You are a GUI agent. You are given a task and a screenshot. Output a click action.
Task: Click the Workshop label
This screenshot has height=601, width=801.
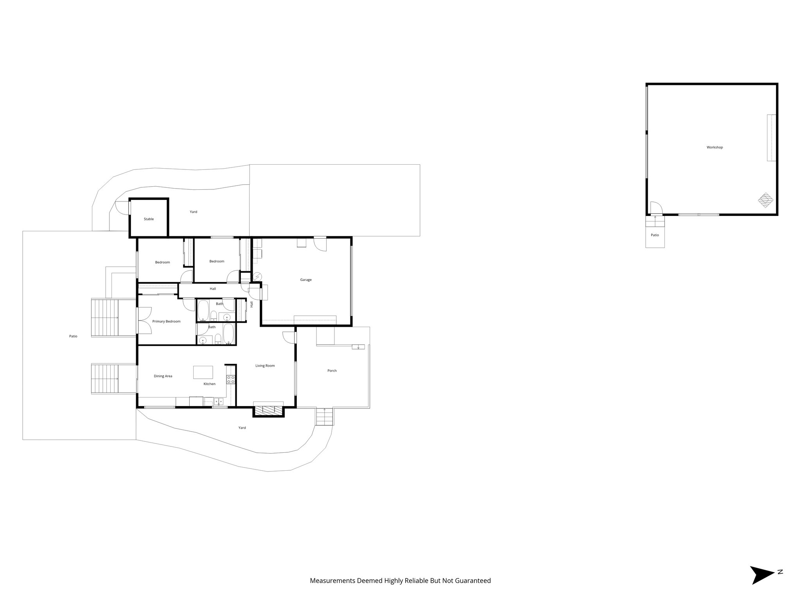[715, 148]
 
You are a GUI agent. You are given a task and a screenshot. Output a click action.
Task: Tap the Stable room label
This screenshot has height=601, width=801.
[149, 219]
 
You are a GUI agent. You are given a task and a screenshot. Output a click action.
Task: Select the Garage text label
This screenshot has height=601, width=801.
[306, 280]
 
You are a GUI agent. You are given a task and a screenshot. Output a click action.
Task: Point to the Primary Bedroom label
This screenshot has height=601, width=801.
[166, 322]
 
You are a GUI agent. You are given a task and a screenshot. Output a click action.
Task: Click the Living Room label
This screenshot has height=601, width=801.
[265, 366]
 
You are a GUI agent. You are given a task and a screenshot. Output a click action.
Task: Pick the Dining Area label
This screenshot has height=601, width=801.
[163, 376]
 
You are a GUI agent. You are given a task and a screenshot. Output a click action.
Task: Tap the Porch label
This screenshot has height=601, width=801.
[332, 371]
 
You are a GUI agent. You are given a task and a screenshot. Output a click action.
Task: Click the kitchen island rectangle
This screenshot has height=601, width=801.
[203, 372]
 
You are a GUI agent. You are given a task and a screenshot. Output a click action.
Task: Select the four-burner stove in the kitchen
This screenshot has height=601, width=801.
[231, 379]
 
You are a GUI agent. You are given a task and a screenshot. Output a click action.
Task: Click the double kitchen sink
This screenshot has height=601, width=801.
[218, 401]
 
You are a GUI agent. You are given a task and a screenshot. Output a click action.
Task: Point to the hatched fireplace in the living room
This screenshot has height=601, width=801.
[268, 410]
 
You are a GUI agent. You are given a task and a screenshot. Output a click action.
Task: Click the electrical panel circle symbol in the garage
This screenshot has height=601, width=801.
[257, 277]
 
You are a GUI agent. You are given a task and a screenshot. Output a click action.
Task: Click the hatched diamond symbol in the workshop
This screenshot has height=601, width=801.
[765, 200]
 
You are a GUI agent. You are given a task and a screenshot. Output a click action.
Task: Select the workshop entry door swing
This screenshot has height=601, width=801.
[656, 208]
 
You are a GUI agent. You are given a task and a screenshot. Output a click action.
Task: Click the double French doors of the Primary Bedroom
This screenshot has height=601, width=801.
[144, 320]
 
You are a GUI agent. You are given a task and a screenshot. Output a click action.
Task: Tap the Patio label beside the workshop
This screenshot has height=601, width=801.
[655, 235]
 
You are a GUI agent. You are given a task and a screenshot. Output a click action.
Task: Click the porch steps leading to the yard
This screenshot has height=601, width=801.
[325, 417]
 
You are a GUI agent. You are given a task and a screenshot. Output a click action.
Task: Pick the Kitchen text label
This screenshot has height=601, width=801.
[209, 384]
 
